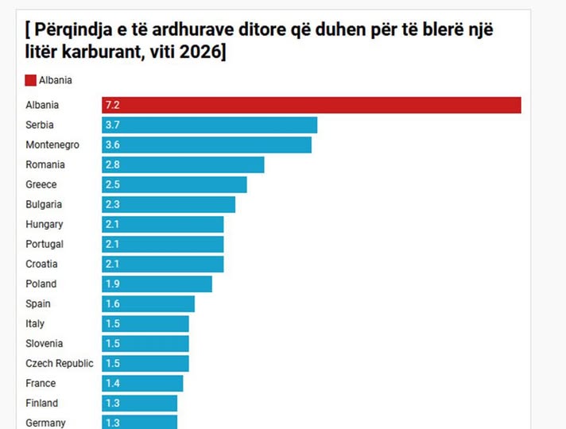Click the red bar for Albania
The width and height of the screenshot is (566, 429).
click(x=311, y=106)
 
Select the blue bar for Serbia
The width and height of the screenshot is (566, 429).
click(x=209, y=126)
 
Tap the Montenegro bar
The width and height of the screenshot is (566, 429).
click(x=207, y=145)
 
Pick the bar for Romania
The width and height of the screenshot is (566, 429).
click(x=183, y=165)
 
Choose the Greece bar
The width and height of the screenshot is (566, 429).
click(x=174, y=185)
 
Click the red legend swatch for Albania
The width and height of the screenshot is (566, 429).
click(x=31, y=79)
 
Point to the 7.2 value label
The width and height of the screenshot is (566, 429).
click(x=111, y=106)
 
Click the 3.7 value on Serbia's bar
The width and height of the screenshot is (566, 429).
click(x=111, y=126)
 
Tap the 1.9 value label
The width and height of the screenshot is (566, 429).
click(x=111, y=284)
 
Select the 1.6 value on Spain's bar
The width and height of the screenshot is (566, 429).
click(x=111, y=304)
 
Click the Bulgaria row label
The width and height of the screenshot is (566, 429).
click(x=44, y=205)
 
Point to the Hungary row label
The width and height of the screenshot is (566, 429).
click(x=44, y=225)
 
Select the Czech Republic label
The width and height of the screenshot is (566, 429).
click(x=59, y=364)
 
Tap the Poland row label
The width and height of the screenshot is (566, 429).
click(x=41, y=284)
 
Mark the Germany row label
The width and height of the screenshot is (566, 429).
click(x=45, y=423)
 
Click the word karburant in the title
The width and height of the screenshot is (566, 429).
click(x=107, y=52)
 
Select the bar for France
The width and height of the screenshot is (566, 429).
click(x=142, y=384)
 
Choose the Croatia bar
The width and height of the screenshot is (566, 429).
click(x=162, y=265)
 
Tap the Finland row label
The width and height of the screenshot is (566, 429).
click(x=41, y=404)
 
